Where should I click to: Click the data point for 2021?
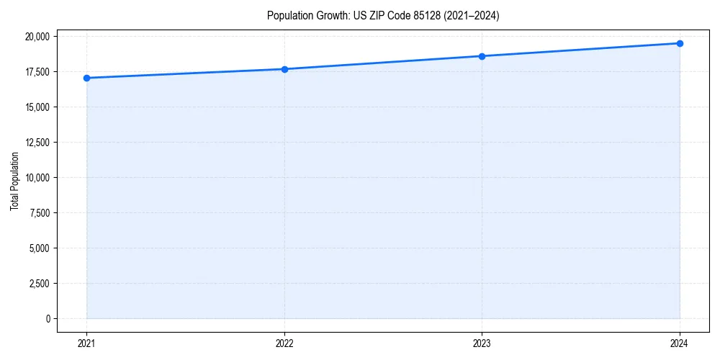(86, 78)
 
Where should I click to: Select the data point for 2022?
(284, 69)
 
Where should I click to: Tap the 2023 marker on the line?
(482, 56)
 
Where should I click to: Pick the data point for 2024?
(680, 43)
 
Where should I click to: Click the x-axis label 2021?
(86, 343)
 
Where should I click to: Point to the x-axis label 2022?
(284, 343)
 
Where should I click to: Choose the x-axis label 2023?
(482, 343)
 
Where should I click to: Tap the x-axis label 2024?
(680, 343)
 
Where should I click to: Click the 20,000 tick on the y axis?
(37, 37)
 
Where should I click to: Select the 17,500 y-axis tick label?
(37, 72)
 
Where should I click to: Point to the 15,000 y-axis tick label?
(37, 107)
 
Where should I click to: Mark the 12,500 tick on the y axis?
(37, 143)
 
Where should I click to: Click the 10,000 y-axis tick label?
(37, 178)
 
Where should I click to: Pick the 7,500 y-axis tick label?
(39, 213)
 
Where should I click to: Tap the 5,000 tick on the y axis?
(39, 248)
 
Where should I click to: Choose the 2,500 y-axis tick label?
(39, 284)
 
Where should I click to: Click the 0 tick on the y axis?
(48, 319)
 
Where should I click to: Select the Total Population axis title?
(15, 181)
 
